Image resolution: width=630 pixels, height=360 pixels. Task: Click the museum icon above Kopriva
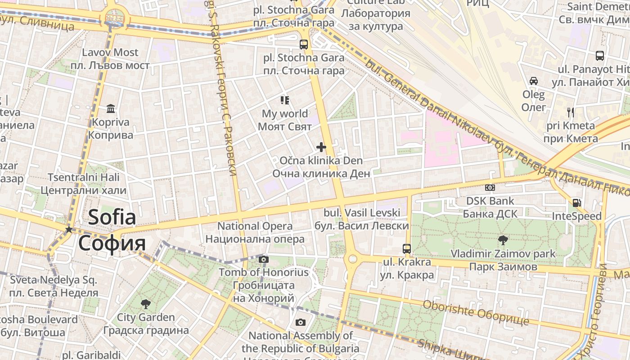point(111,108)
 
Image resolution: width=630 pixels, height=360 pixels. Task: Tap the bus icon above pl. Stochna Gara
point(304,44)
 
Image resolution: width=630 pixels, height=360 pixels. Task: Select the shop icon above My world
point(284,100)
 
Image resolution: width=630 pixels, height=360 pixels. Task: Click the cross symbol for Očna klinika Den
point(321,147)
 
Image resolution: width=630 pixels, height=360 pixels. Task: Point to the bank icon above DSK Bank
point(490,188)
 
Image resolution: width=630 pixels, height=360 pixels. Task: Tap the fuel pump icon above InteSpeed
point(576,203)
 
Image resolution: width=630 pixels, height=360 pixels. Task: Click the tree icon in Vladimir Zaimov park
point(503,240)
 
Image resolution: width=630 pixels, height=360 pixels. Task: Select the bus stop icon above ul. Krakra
point(406,248)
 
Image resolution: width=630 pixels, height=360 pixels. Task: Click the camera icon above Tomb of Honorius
point(264,259)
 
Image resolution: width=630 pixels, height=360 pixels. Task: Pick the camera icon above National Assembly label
point(301,322)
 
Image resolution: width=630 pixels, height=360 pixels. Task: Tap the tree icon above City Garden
point(146,304)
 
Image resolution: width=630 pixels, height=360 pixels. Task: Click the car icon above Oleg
point(533,81)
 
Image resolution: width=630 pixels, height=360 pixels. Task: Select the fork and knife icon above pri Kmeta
point(571,112)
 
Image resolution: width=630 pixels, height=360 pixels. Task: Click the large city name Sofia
point(112,217)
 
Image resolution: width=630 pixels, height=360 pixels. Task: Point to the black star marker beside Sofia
point(68,229)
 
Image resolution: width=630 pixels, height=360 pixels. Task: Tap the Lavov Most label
point(110,53)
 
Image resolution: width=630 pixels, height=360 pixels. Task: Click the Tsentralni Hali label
point(84,177)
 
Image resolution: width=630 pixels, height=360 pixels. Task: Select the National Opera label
point(255,226)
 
